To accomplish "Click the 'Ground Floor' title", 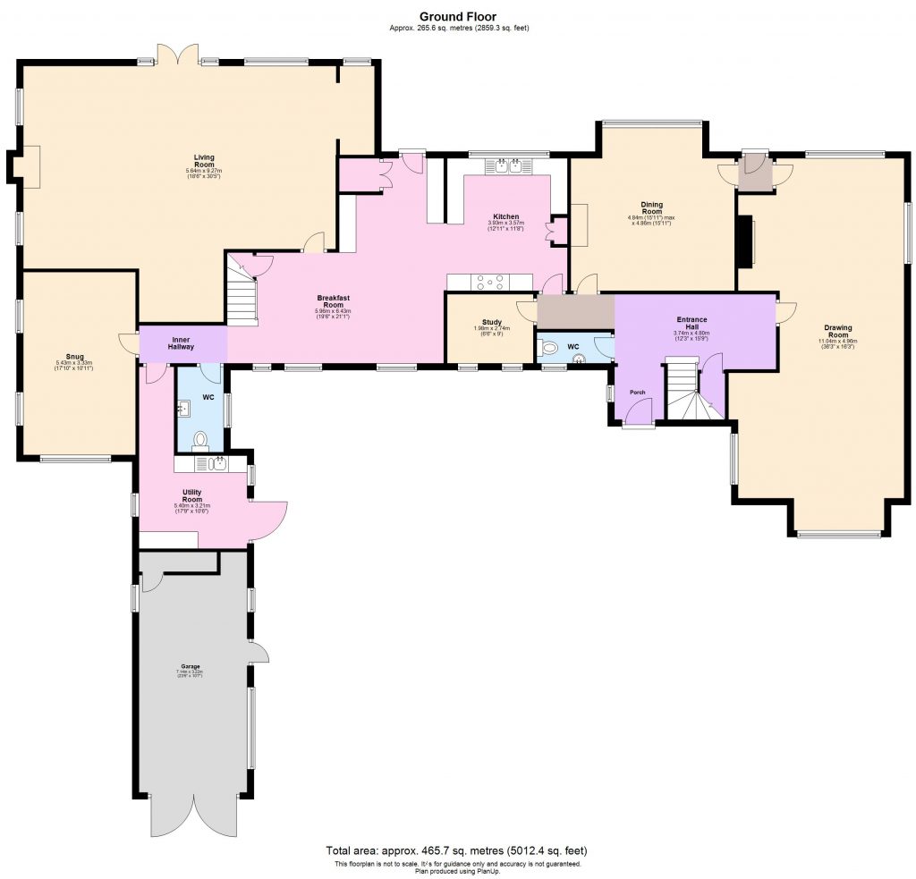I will [457, 16].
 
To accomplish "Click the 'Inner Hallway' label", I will [182, 342].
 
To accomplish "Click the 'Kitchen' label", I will [505, 217].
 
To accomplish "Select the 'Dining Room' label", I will [650, 207].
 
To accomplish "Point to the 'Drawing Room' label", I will [837, 330].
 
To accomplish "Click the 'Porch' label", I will [638, 392].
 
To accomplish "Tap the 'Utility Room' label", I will [191, 495].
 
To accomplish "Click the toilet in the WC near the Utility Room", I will [200, 441].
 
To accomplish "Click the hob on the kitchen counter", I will [490, 282].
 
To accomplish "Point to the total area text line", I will [457, 850].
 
